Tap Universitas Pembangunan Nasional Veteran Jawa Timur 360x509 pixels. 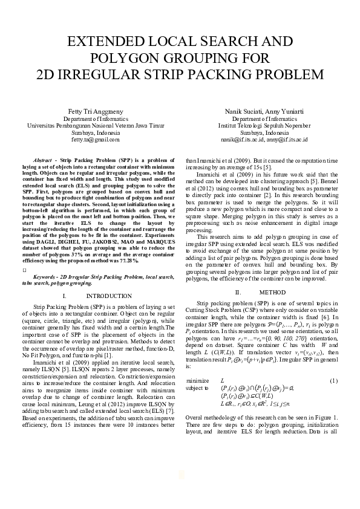96,125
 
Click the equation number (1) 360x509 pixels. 333,397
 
